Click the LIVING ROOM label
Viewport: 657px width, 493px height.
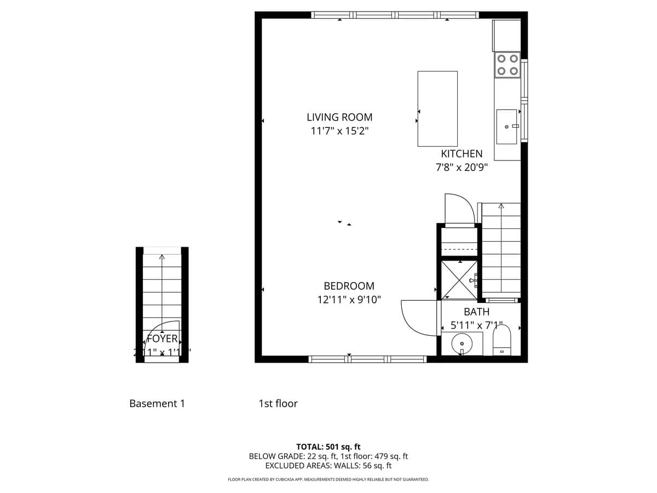(x=339, y=117)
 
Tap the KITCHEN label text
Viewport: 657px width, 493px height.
(x=462, y=154)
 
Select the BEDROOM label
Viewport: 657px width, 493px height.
(x=349, y=286)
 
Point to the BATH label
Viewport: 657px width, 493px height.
(x=476, y=312)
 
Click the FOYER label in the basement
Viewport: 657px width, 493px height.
(x=162, y=339)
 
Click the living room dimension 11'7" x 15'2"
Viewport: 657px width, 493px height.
(x=339, y=131)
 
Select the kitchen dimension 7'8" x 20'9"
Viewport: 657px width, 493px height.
(x=462, y=168)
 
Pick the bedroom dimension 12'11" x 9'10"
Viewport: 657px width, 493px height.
(x=349, y=300)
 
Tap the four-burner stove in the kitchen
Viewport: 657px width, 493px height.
(x=508, y=65)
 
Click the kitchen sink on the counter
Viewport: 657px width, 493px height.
(x=506, y=127)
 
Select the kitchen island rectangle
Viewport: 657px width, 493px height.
(x=437, y=108)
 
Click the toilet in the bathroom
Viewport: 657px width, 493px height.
(x=502, y=340)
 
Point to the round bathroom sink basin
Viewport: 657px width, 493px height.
(x=462, y=343)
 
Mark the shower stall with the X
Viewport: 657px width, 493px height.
(x=459, y=280)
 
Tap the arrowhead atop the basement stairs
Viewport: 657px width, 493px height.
(x=162, y=256)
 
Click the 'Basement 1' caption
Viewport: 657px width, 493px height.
(x=157, y=404)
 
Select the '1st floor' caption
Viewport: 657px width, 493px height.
(x=278, y=404)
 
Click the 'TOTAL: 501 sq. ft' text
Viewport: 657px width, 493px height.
(x=328, y=446)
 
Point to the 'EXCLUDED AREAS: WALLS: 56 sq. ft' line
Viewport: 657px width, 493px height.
(x=328, y=466)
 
